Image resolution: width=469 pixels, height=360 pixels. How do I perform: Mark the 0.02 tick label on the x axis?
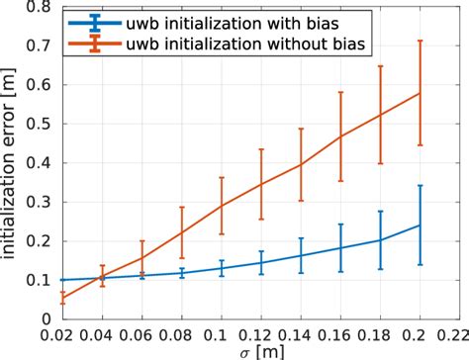[x=61, y=334]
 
